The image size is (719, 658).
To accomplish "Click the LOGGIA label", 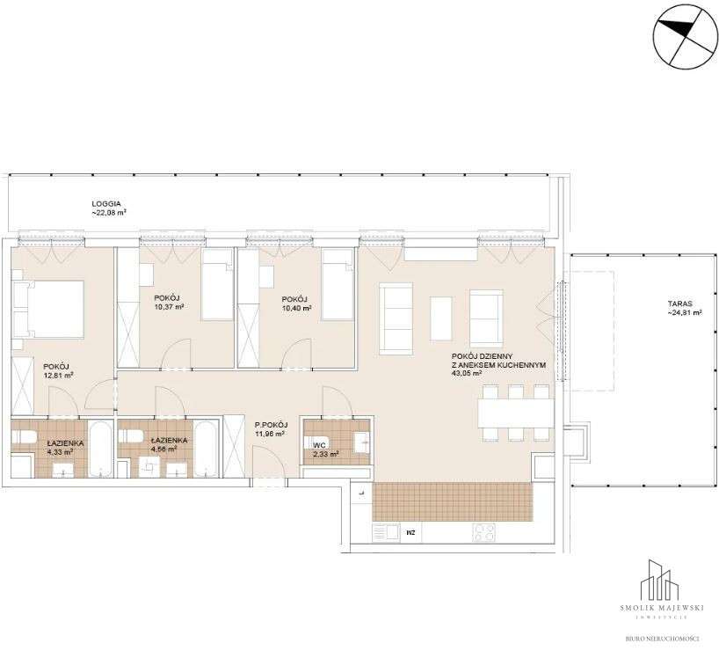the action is (x=106, y=203).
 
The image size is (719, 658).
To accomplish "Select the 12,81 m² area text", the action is (x=58, y=375).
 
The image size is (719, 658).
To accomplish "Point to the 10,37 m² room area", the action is (x=169, y=307).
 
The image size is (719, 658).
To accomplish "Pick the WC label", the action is (x=319, y=445).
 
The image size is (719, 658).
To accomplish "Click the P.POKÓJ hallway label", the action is (x=272, y=424).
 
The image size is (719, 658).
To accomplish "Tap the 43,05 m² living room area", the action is (x=467, y=374).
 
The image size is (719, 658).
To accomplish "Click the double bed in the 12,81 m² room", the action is (x=48, y=310).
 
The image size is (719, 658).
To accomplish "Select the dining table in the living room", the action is (x=516, y=413).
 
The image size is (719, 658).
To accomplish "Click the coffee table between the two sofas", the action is (x=440, y=318).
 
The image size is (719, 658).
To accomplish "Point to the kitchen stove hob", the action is (x=483, y=533).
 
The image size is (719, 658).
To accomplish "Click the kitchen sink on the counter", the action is (x=386, y=533).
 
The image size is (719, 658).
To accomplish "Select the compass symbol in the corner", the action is (x=685, y=36).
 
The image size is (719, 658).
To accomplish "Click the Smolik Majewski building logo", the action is (x=661, y=579).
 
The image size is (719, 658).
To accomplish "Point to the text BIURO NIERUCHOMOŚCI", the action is (x=662, y=639).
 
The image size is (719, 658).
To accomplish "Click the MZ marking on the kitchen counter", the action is (x=410, y=533).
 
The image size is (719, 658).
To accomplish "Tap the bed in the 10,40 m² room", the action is (x=338, y=291).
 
